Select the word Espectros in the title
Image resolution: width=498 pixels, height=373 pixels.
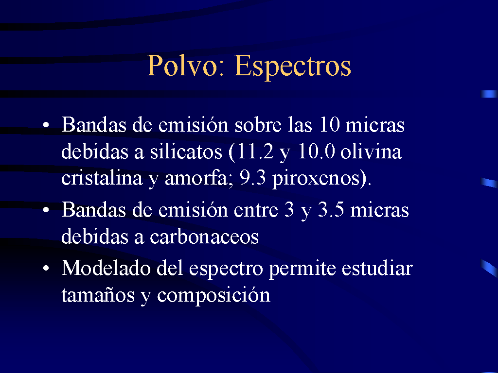click(x=292, y=67)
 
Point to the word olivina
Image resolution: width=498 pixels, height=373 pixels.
click(x=371, y=152)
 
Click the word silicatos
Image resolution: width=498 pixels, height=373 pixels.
click(x=186, y=152)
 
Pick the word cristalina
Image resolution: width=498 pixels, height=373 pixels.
click(x=102, y=178)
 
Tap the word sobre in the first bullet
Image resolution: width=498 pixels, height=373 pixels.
click(x=258, y=124)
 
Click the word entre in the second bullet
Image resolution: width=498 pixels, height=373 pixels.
click(x=256, y=210)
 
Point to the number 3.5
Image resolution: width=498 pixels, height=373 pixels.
click(x=331, y=210)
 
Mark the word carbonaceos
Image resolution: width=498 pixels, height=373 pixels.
click(x=204, y=237)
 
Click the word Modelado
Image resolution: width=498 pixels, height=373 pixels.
click(x=106, y=268)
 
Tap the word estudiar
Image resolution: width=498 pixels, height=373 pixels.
click(x=377, y=268)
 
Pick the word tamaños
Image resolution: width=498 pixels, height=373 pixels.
click(x=98, y=295)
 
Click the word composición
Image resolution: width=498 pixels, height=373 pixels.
click(x=214, y=296)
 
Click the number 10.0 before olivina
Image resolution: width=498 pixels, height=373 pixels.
click(x=316, y=152)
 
